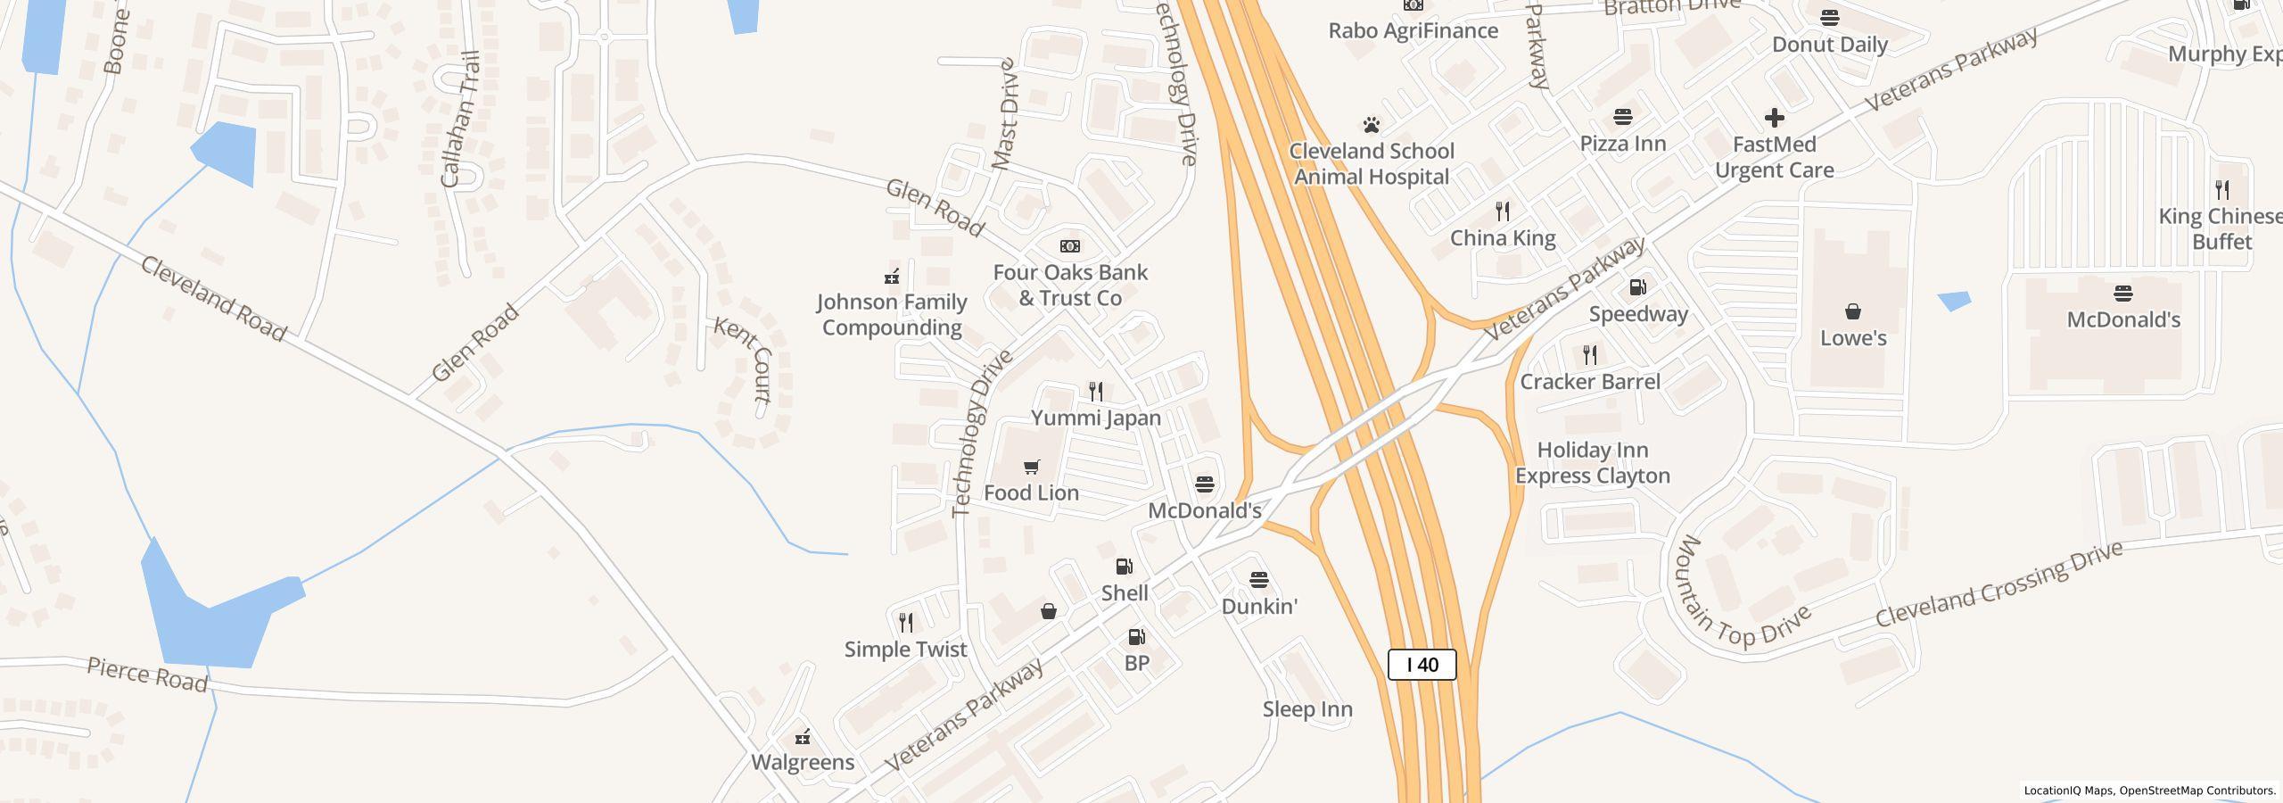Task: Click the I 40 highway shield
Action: [1422, 665]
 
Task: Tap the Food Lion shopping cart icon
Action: [1032, 467]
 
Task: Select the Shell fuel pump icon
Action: [1125, 567]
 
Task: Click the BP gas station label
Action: [1137, 663]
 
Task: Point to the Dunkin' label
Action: [1258, 607]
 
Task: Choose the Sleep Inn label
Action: [1307, 709]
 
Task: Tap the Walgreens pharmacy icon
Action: [803, 737]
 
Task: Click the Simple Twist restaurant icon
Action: [906, 622]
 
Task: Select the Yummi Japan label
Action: [1096, 418]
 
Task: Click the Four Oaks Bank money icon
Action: [1070, 246]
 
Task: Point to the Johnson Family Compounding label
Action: [892, 315]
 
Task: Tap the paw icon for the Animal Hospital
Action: [1372, 125]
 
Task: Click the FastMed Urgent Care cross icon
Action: [1775, 118]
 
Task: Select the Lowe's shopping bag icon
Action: [1853, 311]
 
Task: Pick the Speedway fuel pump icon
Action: [1638, 287]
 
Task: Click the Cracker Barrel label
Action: [1590, 382]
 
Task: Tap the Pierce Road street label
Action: [147, 675]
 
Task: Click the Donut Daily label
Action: [1830, 45]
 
